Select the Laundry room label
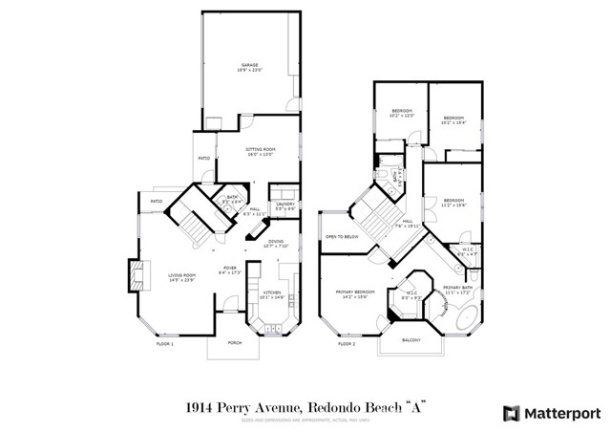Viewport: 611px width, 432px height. click(284, 205)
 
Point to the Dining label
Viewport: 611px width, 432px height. click(275, 243)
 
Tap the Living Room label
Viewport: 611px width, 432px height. click(182, 277)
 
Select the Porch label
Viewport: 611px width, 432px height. click(234, 343)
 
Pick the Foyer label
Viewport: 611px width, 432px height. click(230, 270)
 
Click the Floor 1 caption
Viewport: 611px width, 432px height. click(164, 343)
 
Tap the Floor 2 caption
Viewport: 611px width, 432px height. click(346, 343)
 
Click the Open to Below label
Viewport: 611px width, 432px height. click(341, 235)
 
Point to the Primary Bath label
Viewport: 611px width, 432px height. click(457, 289)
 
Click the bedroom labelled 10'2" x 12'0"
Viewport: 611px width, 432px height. click(401, 114)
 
